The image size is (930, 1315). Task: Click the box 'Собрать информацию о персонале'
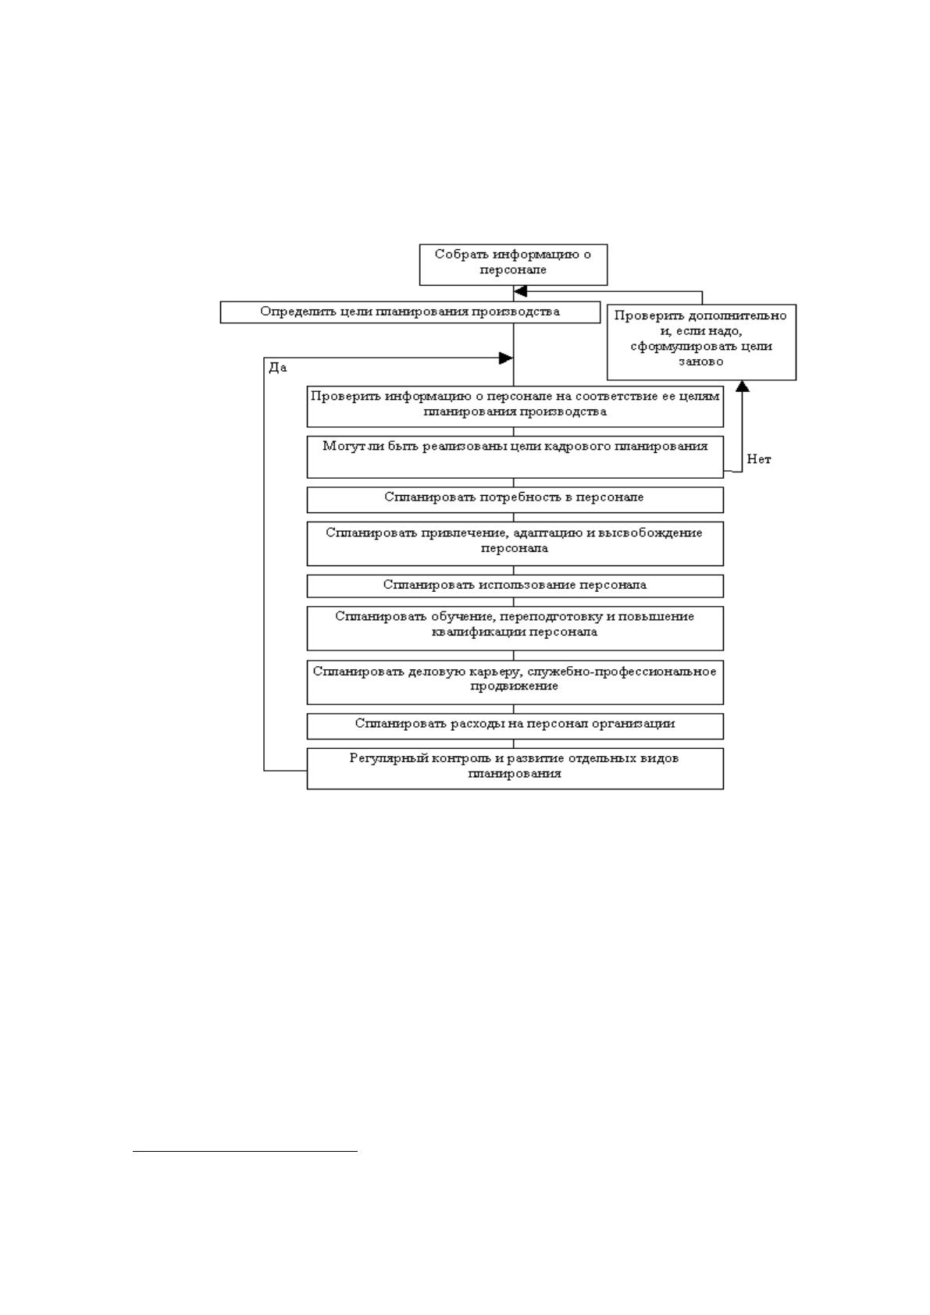512,265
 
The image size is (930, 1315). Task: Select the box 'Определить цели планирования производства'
410,312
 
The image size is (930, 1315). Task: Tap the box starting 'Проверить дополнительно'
701,342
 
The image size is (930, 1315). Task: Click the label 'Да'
278,368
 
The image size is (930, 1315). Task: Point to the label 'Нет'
758,460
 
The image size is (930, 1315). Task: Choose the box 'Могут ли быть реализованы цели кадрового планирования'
515,457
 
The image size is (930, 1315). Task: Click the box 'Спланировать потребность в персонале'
515,501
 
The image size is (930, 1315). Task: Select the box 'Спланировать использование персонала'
515,586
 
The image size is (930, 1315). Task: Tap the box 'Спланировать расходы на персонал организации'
515,726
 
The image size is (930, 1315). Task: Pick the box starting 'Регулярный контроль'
515,768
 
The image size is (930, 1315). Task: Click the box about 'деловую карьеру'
515,682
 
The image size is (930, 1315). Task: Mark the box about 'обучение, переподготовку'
515,628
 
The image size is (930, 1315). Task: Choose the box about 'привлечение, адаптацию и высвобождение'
515,543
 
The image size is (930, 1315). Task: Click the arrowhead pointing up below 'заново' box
742,387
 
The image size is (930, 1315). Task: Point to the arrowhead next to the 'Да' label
506,358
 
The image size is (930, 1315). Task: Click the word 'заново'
701,362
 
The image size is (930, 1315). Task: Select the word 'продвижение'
515,686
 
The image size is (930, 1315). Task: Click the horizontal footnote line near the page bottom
245,1152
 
